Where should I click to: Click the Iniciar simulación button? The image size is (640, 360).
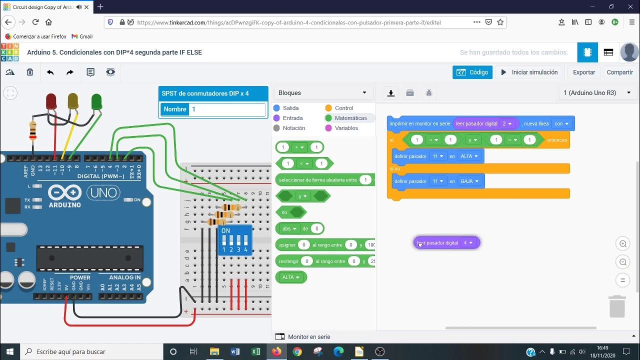[529, 72]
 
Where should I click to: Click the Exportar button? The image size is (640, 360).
[583, 72]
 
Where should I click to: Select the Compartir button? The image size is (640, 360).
[619, 72]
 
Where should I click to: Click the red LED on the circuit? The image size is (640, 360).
[51, 101]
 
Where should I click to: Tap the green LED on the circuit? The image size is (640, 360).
[96, 102]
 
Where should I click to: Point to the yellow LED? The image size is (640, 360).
[73, 101]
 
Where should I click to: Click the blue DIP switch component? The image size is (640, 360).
[234, 239]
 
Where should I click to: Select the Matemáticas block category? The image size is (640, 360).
[350, 118]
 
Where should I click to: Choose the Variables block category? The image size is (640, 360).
[346, 128]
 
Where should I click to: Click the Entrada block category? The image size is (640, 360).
[292, 118]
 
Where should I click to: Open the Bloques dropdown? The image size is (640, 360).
[323, 93]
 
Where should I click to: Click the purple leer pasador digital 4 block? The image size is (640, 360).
[440, 243]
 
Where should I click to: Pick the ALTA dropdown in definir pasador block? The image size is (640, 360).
[469, 156]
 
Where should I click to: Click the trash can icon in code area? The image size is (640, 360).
[617, 306]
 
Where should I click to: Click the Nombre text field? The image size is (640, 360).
[227, 109]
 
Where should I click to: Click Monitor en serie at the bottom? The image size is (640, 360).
[308, 337]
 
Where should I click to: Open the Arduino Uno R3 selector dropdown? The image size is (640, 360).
[597, 93]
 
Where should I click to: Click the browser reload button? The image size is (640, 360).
[35, 22]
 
